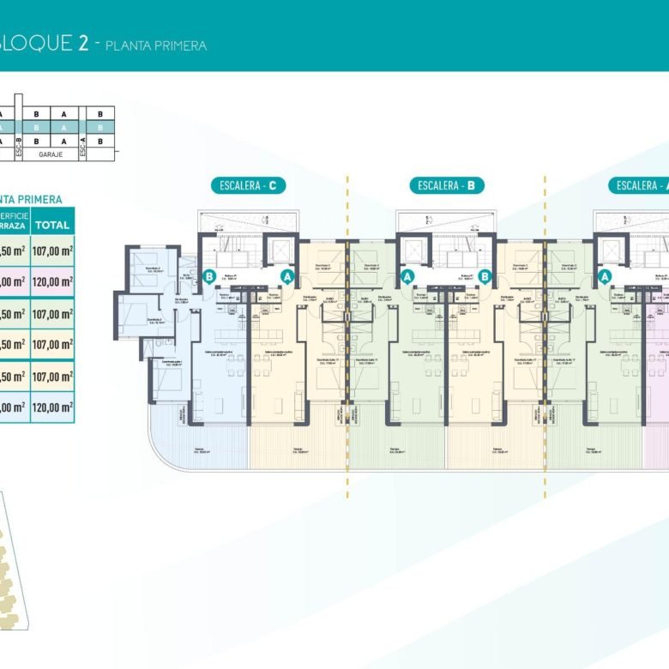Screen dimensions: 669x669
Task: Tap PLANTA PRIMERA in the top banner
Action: (x=155, y=45)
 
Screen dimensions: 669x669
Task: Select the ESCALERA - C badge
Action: (x=248, y=185)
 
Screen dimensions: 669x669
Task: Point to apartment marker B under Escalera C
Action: (x=208, y=276)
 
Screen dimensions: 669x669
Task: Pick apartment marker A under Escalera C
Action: (x=287, y=276)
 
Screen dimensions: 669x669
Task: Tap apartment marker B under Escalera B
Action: (x=485, y=276)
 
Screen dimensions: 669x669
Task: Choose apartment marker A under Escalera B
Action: (x=407, y=276)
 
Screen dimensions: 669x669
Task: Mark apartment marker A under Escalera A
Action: (x=606, y=276)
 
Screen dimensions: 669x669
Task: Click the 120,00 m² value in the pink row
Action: (x=53, y=281)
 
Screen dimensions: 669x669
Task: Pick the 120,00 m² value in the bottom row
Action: (x=53, y=408)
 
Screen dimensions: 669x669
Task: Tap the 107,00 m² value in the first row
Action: (x=53, y=250)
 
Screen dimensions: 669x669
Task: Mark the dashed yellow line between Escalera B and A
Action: (x=545, y=343)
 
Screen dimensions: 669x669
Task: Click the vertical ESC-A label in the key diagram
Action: (x=82, y=149)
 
